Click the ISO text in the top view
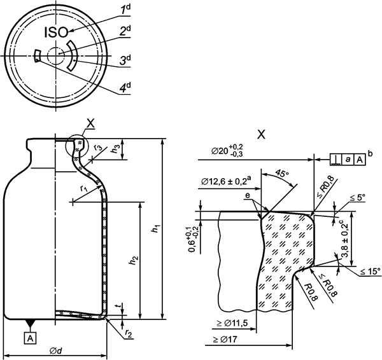tap(56, 32)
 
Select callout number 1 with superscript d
tap(126, 10)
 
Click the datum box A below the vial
tap(30, 338)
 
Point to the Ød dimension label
tap(55, 350)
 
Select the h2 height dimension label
tap(134, 260)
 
